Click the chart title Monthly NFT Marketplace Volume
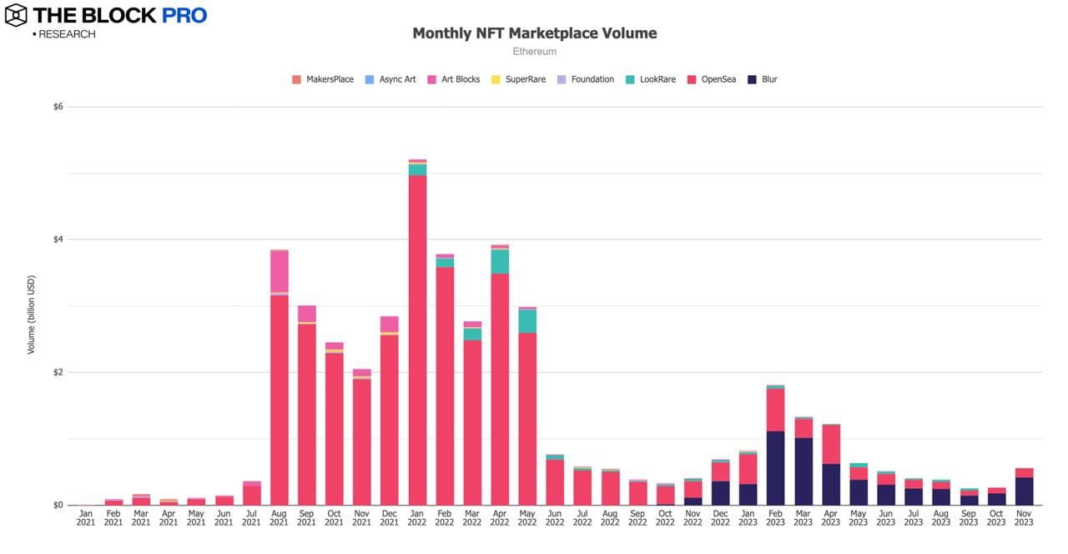tap(535, 33)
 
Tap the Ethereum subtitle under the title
tap(535, 52)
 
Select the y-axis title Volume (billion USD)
tap(32, 314)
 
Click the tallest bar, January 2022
tap(417, 334)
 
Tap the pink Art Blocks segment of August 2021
tap(280, 271)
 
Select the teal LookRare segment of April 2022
tap(500, 261)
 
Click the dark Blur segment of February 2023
tap(775, 468)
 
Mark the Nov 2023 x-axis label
tap(1024, 517)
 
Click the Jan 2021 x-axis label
tap(87, 517)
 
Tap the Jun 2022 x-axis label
tap(555, 517)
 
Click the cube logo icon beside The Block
tap(16, 15)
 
